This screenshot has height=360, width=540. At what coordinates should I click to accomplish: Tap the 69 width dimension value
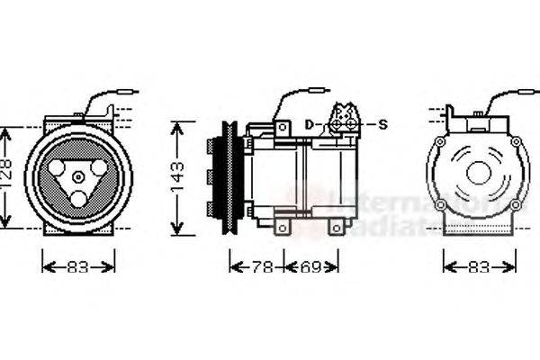click(x=310, y=266)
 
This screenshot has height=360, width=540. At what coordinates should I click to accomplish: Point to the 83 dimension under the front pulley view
click(x=79, y=266)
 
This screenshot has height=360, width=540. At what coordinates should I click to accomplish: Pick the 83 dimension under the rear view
click(x=480, y=266)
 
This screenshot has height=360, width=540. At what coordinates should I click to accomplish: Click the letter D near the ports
click(x=309, y=123)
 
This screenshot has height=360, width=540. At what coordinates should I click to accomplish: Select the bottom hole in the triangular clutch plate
click(x=79, y=197)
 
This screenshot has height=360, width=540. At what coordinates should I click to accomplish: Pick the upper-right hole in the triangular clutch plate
click(x=96, y=167)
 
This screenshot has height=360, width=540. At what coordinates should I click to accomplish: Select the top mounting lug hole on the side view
click(x=283, y=129)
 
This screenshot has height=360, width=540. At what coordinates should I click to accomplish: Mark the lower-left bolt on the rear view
click(x=440, y=205)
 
